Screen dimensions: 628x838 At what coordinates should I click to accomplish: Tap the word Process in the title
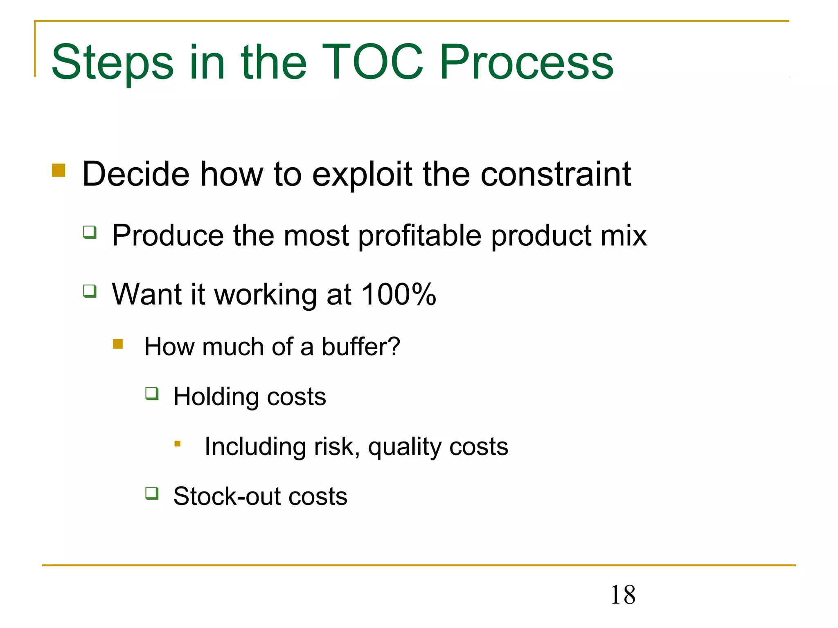tap(526, 62)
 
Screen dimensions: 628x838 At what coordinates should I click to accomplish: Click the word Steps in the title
tap(113, 62)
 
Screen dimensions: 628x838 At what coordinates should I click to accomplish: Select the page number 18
tap(623, 595)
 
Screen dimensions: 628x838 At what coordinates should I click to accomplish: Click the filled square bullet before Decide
tap(59, 170)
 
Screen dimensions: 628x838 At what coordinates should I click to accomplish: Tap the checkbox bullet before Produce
tap(90, 232)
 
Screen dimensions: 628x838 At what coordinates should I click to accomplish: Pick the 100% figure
tap(399, 294)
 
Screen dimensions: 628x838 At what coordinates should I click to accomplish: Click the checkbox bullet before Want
tap(90, 291)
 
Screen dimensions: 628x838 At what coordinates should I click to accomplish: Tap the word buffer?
tap(360, 347)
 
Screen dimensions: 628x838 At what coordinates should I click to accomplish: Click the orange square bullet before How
tap(118, 344)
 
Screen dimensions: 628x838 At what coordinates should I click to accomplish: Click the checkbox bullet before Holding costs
tap(152, 394)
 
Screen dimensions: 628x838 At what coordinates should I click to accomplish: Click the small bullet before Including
tap(178, 444)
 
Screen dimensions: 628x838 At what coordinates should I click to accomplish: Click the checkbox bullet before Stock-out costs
tap(152, 493)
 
